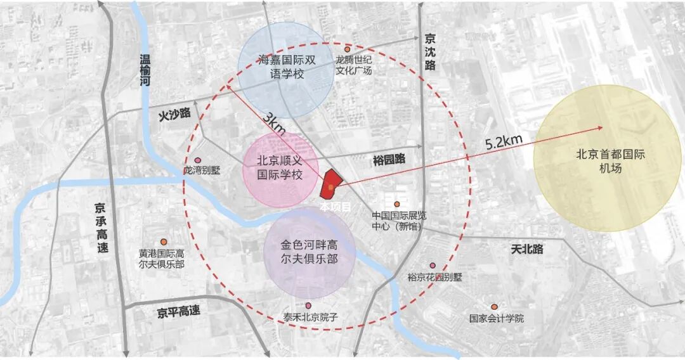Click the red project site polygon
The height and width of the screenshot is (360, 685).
[330, 184]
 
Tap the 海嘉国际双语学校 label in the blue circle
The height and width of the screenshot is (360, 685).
[284, 68]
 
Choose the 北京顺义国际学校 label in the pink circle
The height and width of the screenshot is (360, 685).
[280, 167]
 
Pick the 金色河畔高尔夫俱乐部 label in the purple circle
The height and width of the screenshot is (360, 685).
[309, 252]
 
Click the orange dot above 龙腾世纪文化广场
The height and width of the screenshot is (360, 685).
[348, 49]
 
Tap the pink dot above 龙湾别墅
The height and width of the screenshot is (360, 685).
[198, 160]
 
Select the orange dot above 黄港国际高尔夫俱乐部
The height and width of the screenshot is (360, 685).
[163, 241]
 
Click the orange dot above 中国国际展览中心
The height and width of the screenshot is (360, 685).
[397, 204]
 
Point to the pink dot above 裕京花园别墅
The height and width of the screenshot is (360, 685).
[433, 266]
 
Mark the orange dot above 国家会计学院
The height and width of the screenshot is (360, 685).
[494, 307]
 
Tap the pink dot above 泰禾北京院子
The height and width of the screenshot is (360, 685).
[308, 305]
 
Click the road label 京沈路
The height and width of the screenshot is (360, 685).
[431, 51]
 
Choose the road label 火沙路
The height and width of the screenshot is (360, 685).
[174, 114]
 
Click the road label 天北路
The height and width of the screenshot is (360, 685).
[527, 249]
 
